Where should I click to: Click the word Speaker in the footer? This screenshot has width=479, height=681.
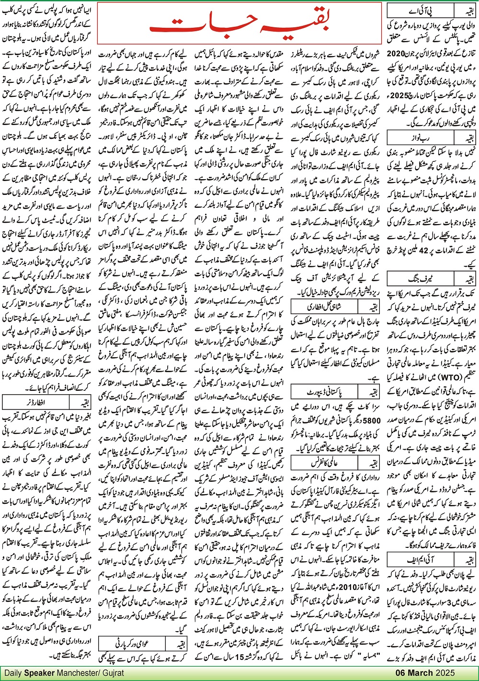coord(39,673)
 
